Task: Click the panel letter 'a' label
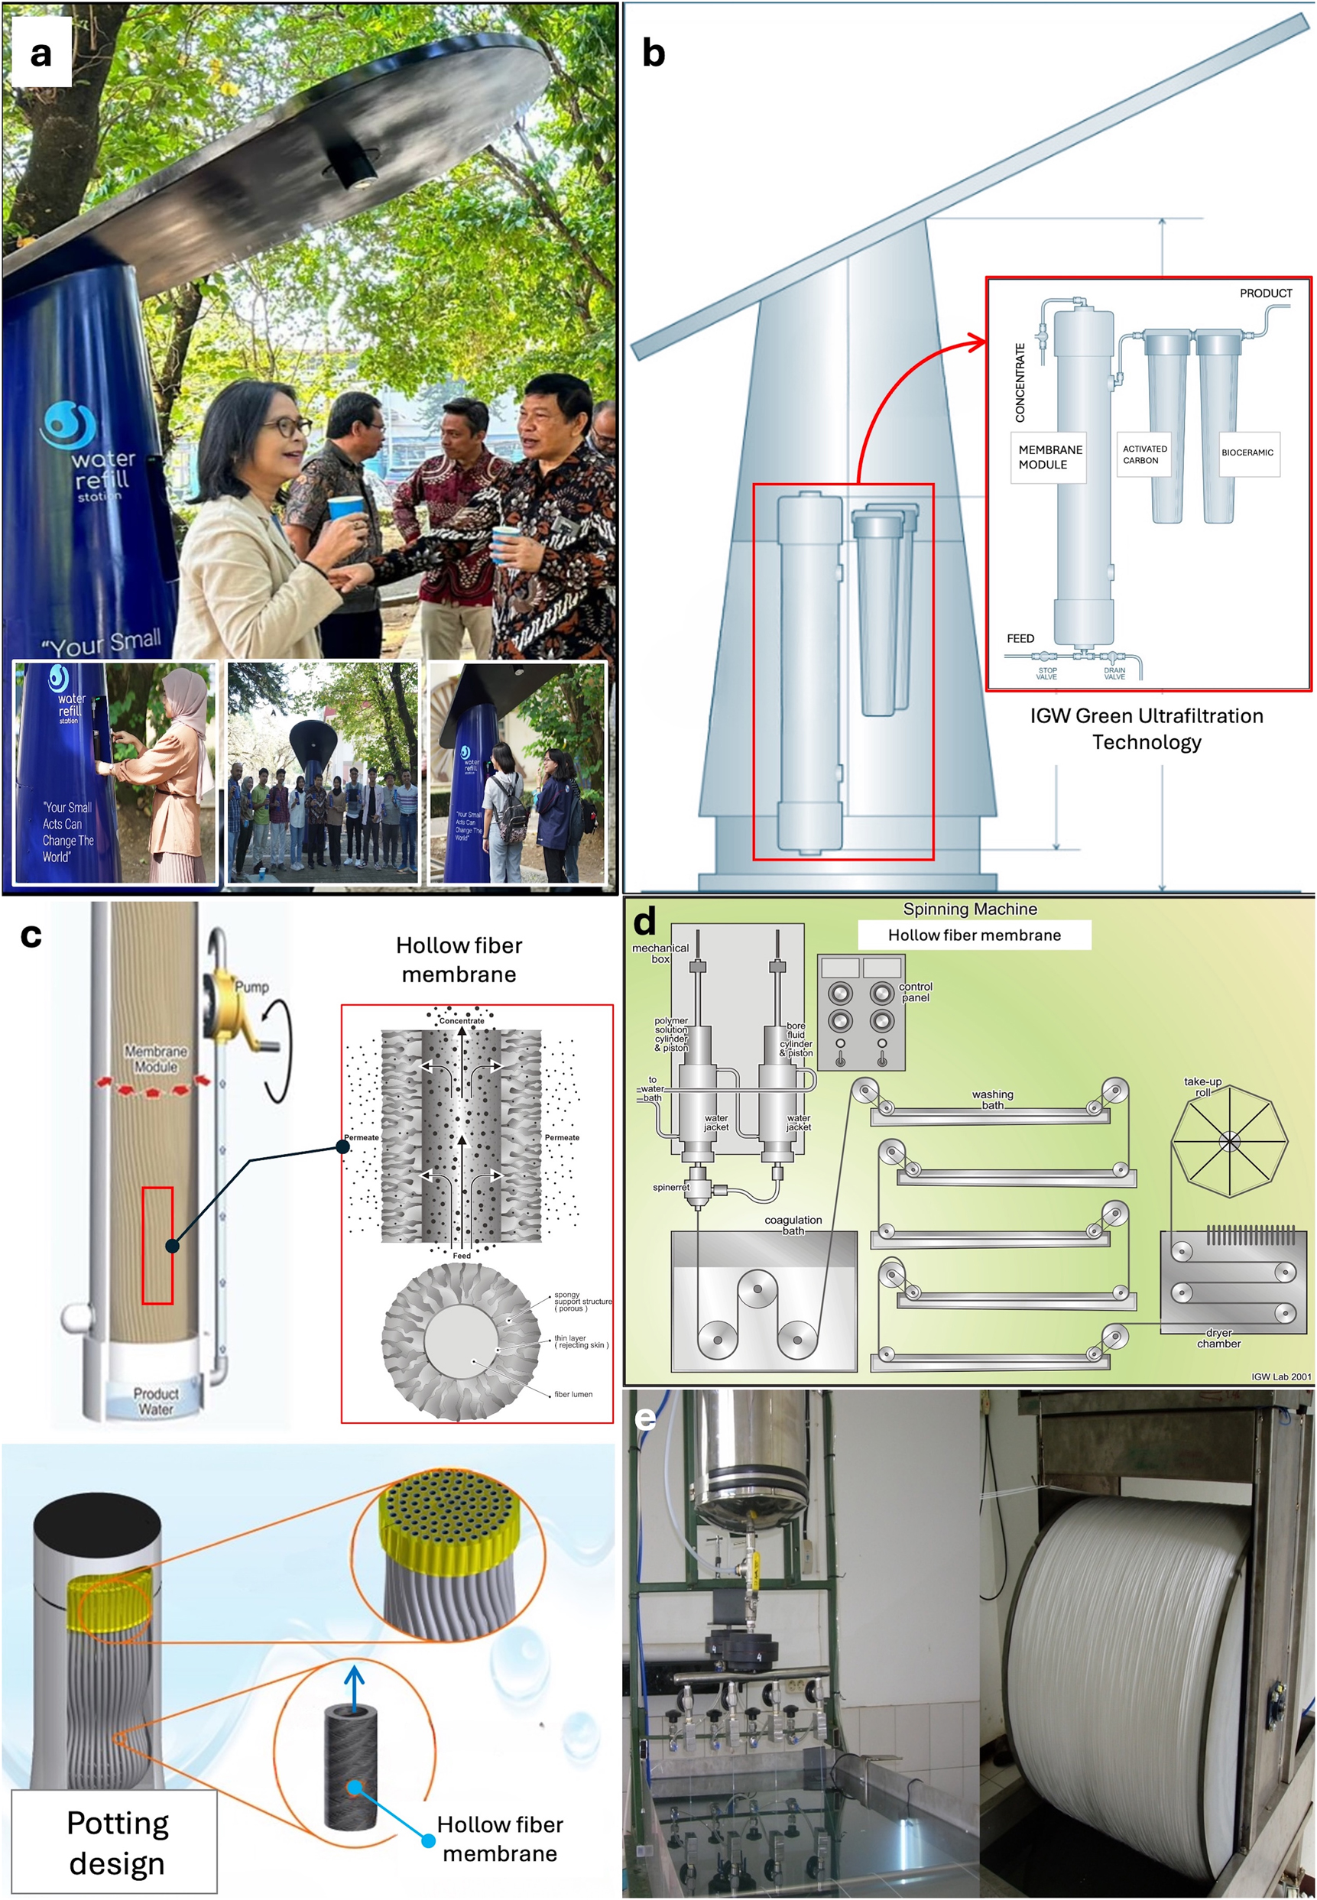coord(41,53)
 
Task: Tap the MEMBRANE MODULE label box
coord(1049,457)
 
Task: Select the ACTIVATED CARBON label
coord(1144,455)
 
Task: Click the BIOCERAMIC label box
coord(1247,453)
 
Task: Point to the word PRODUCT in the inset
coord(1265,293)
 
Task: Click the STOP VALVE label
coord(1046,673)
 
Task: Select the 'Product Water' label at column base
coord(155,1401)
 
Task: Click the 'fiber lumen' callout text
coord(573,1394)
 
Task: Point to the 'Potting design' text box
coord(115,1842)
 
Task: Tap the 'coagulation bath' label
coord(792,1224)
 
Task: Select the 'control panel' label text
coord(915,992)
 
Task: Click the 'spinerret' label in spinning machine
coord(670,1187)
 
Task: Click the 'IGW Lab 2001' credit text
coord(1280,1376)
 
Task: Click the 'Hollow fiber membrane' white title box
coord(974,935)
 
